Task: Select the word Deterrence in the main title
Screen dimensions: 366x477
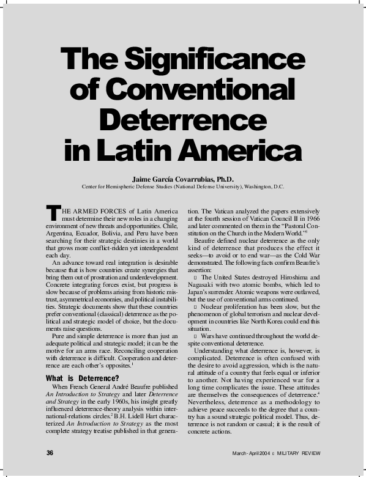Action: pos(183,119)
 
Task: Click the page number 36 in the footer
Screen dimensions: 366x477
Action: pos(50,453)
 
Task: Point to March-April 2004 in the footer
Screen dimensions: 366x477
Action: pos(249,453)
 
